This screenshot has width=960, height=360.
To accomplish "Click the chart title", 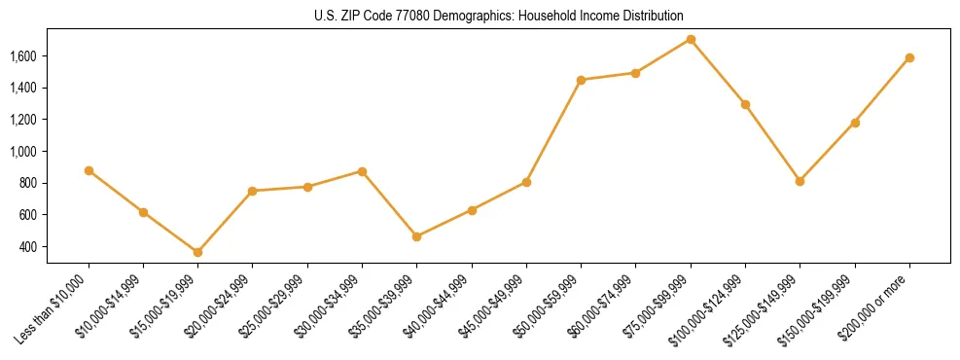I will (x=498, y=16).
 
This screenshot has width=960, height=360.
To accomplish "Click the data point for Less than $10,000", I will (x=89, y=170).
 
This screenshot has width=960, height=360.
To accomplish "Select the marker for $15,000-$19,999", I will (x=198, y=252).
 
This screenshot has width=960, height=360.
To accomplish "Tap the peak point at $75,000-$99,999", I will (x=691, y=39).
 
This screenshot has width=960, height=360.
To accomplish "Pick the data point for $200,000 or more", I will (x=909, y=57).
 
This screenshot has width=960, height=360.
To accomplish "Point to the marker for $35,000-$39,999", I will (x=417, y=236).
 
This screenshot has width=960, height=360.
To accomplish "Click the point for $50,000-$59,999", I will (x=581, y=80).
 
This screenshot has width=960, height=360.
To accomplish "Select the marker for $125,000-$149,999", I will (x=800, y=181).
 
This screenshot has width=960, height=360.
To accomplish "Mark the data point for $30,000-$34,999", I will (x=362, y=171).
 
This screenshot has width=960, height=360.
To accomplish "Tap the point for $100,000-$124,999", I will (x=745, y=104).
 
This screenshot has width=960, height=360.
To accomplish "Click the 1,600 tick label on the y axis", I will (x=50, y=56).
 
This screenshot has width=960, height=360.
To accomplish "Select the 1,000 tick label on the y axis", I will (x=50, y=152).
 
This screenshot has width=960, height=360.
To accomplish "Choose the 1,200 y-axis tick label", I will (x=50, y=120).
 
